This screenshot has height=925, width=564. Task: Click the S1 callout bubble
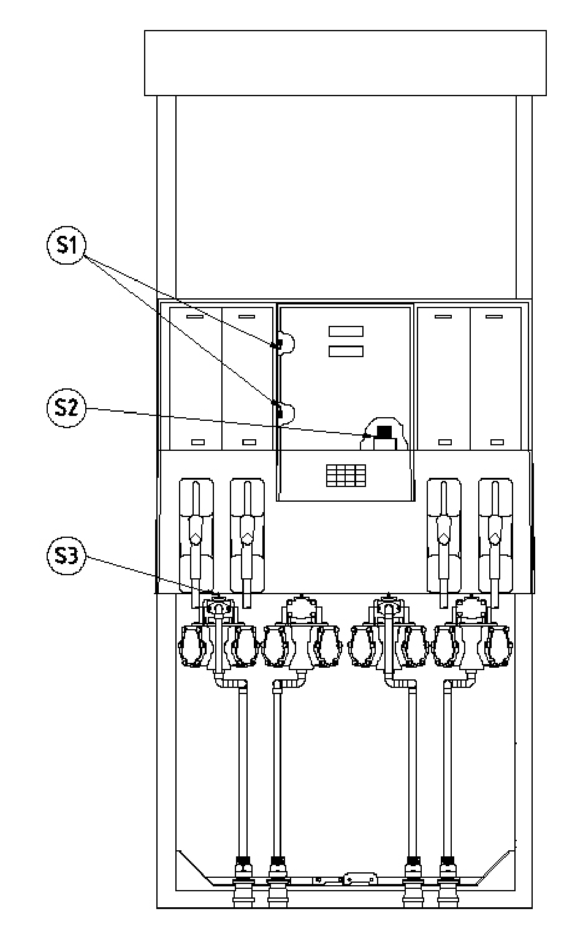(x=67, y=245)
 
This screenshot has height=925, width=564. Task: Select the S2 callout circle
(x=67, y=408)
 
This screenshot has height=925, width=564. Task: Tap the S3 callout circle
(x=67, y=556)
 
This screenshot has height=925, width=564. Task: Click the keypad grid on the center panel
(x=346, y=476)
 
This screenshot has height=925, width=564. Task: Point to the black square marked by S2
(x=384, y=431)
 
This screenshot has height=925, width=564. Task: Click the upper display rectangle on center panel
(x=346, y=331)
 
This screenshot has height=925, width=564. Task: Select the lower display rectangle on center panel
(x=346, y=351)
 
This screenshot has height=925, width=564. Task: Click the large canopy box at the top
(x=345, y=62)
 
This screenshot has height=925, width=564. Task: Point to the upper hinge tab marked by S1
(x=284, y=343)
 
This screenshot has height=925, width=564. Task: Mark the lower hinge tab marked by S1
(x=284, y=412)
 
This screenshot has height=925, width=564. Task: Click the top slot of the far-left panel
(x=195, y=317)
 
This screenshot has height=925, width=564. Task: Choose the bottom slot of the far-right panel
(x=497, y=442)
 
